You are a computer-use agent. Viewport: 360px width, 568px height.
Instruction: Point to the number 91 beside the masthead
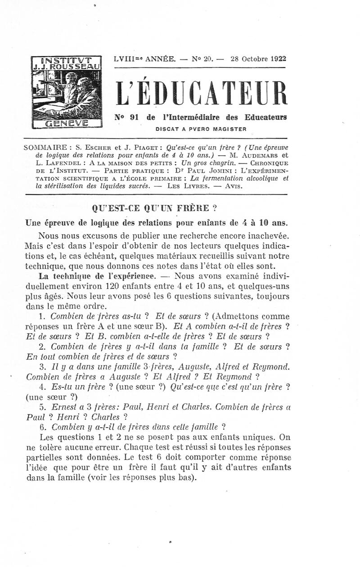click(133, 117)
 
